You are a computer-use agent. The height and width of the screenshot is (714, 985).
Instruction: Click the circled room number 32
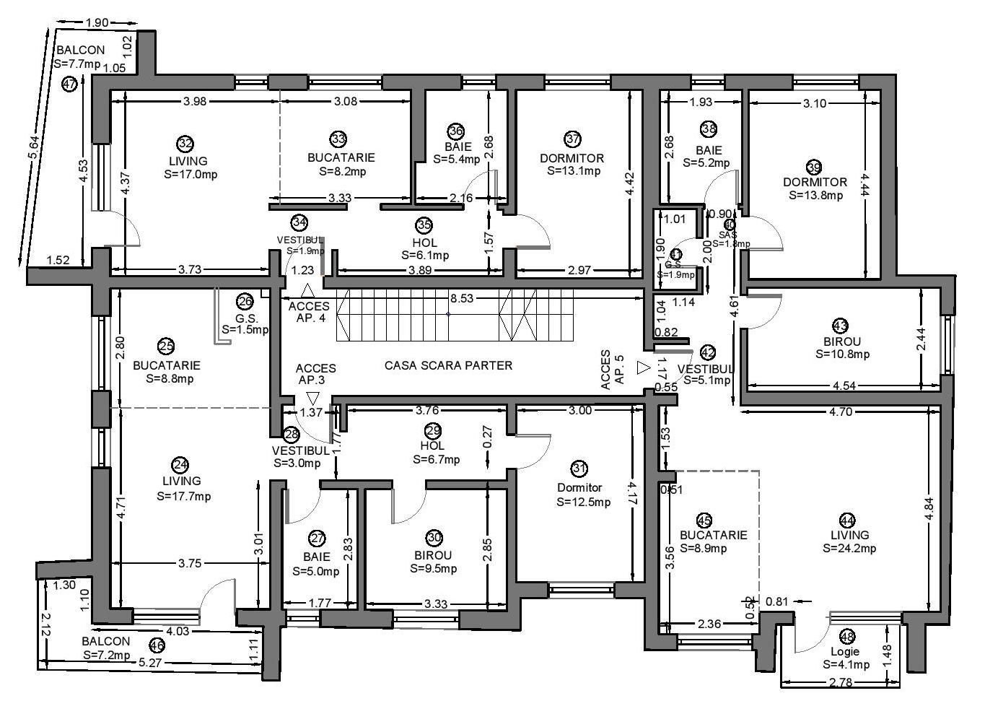click(x=185, y=144)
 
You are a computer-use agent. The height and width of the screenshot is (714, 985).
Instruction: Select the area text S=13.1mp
click(x=574, y=171)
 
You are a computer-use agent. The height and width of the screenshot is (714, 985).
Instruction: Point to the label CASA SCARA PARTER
click(x=448, y=365)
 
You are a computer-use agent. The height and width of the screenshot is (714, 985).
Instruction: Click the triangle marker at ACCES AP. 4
click(x=307, y=291)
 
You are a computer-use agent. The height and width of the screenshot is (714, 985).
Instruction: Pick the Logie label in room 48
click(x=845, y=651)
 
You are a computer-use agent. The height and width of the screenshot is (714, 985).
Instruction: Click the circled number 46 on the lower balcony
click(x=156, y=645)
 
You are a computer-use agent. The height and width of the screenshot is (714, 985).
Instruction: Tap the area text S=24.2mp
click(x=849, y=548)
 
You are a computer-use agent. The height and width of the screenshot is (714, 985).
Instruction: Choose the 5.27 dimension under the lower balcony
click(x=152, y=663)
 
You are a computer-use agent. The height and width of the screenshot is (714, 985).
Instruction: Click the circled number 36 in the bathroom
click(x=455, y=131)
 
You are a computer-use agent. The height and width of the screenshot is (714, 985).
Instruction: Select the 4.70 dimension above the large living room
click(x=841, y=412)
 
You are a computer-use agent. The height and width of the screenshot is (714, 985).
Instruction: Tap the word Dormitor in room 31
click(x=579, y=488)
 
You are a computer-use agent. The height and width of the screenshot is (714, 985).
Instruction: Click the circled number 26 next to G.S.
click(x=245, y=302)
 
